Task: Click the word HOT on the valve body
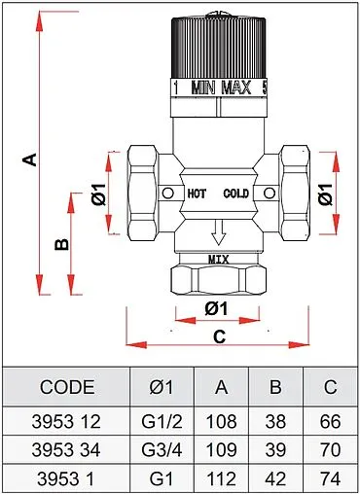coord(197,194)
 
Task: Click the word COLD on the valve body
coord(236,194)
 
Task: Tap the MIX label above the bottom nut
coord(218,260)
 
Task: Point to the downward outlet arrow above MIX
coord(218,232)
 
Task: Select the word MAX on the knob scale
coord(236,88)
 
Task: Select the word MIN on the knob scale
coord(203,88)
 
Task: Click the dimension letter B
coord(61,244)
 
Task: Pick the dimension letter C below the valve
coord(219,336)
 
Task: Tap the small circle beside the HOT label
coord(167,194)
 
